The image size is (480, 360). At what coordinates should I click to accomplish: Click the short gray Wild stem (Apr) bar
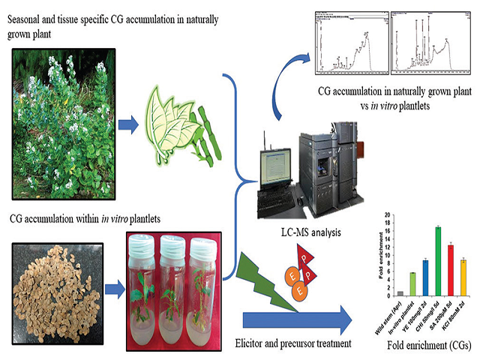[400, 293]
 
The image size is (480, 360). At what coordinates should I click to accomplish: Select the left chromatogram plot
[346, 42]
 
